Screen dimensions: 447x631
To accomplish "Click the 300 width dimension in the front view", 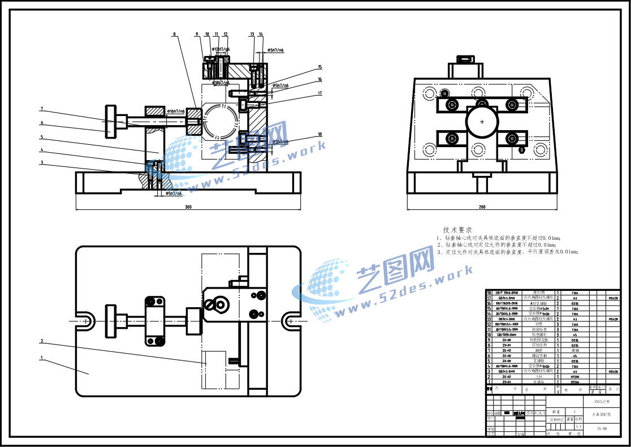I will tap(188, 207).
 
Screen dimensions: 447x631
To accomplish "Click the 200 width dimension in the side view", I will tap(482, 207).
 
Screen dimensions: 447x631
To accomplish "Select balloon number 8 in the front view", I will tap(174, 35).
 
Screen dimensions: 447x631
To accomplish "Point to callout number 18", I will tap(319, 135).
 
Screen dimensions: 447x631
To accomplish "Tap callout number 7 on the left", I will tap(41, 109).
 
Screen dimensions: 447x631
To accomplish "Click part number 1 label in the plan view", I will tap(41, 358).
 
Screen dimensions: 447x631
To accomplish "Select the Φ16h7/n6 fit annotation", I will tap(176, 111).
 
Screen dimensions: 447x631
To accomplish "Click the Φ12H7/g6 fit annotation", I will tap(221, 50).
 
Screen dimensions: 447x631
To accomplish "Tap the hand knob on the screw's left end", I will tap(110, 121).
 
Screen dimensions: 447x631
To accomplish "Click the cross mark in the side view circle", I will tap(482, 122).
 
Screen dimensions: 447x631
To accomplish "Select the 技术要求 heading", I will tap(457, 230).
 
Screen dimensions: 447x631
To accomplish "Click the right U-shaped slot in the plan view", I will tap(289, 320).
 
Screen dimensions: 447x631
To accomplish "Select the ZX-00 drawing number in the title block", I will tap(602, 429).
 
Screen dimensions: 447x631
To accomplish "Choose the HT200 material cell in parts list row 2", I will tap(574, 376).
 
